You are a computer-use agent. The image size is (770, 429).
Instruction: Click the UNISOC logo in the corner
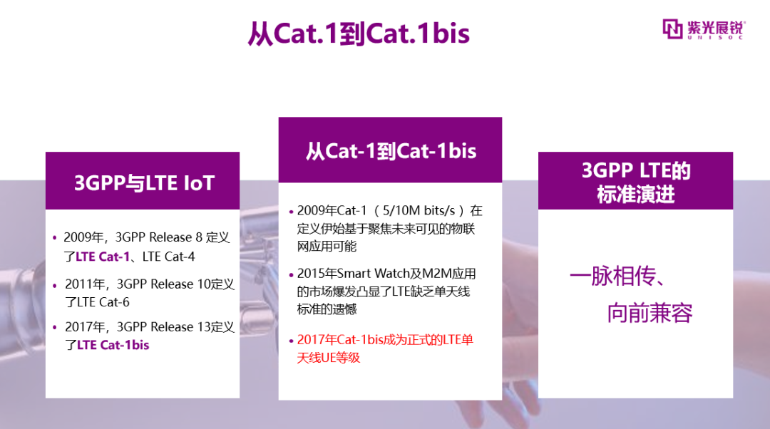coord(704,29)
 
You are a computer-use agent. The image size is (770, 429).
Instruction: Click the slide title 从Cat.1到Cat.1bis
coord(359,33)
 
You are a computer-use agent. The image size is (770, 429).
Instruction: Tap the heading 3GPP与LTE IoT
coord(144,183)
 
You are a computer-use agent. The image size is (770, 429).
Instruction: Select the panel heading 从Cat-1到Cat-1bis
coord(391,150)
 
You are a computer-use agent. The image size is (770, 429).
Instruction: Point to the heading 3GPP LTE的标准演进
coord(636,182)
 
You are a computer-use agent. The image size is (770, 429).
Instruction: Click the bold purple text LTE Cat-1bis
coord(113,345)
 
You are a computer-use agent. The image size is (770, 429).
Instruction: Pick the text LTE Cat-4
coord(168,257)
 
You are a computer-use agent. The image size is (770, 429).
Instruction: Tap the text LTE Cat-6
coord(103,302)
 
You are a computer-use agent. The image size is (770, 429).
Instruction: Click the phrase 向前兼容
coord(650,313)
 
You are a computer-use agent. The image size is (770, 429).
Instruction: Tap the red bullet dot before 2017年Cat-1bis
coord(291,341)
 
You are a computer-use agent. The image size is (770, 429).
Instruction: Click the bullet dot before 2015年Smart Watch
coord(291,274)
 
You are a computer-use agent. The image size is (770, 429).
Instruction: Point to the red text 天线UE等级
coord(328,358)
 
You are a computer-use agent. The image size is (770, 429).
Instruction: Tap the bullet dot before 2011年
coord(54,285)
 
